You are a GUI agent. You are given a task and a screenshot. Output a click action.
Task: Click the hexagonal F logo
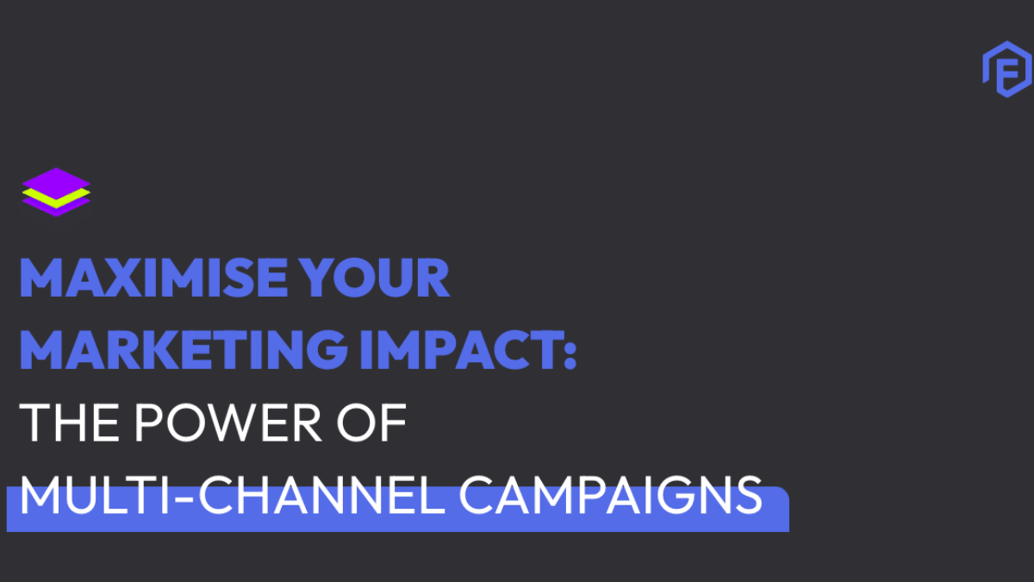1006,72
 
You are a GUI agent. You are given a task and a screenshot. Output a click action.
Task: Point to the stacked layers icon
56,191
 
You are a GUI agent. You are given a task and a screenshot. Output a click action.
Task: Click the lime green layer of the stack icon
56,197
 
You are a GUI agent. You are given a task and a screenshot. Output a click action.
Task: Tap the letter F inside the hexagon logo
1007,74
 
